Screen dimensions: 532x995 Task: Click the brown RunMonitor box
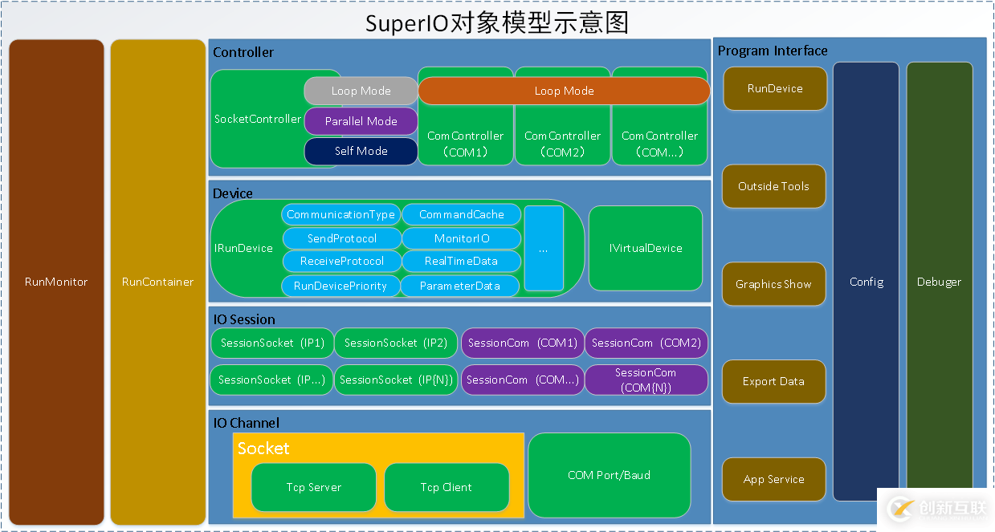coord(56,282)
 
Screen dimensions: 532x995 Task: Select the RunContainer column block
coord(157,282)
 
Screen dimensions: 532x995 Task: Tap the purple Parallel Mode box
coord(361,121)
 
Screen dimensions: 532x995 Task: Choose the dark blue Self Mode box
coord(361,151)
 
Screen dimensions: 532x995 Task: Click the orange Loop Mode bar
coord(564,91)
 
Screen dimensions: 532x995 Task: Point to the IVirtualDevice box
coord(645,248)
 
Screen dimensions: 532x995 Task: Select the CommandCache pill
coord(461,214)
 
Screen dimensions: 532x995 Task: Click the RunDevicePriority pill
coord(341,286)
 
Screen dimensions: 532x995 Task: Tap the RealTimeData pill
coord(461,261)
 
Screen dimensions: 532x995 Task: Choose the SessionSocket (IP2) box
coord(395,343)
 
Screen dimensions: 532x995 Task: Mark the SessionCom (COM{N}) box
coord(646,380)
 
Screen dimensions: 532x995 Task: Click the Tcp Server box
coord(313,487)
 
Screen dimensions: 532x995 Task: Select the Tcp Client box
coord(446,487)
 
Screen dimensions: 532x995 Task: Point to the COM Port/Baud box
coord(609,475)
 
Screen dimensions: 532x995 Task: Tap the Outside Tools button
coord(773,186)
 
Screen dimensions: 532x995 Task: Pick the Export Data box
coord(773,381)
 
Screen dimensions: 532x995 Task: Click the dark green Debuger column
coord(939,282)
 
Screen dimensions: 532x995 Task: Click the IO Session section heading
coord(244,319)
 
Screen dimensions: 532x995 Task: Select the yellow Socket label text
coord(263,449)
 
